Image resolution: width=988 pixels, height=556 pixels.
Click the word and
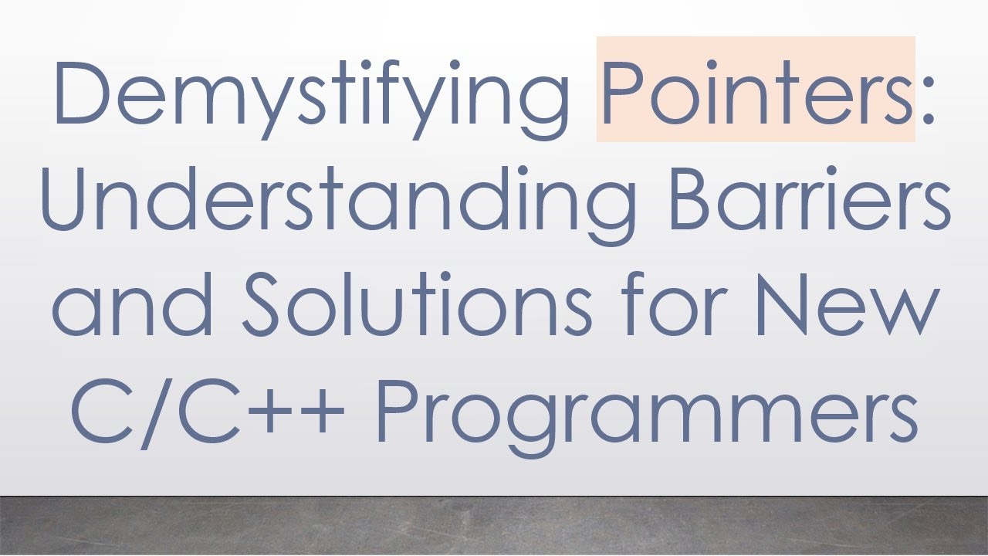[x=132, y=304]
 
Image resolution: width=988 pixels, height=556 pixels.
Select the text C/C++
[x=208, y=409]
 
